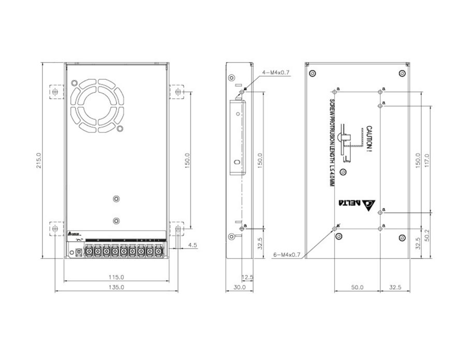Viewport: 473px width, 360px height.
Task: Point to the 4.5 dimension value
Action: pos(192,245)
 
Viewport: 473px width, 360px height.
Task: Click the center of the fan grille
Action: pos(96,106)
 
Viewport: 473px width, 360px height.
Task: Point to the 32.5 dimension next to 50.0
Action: pos(395,286)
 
